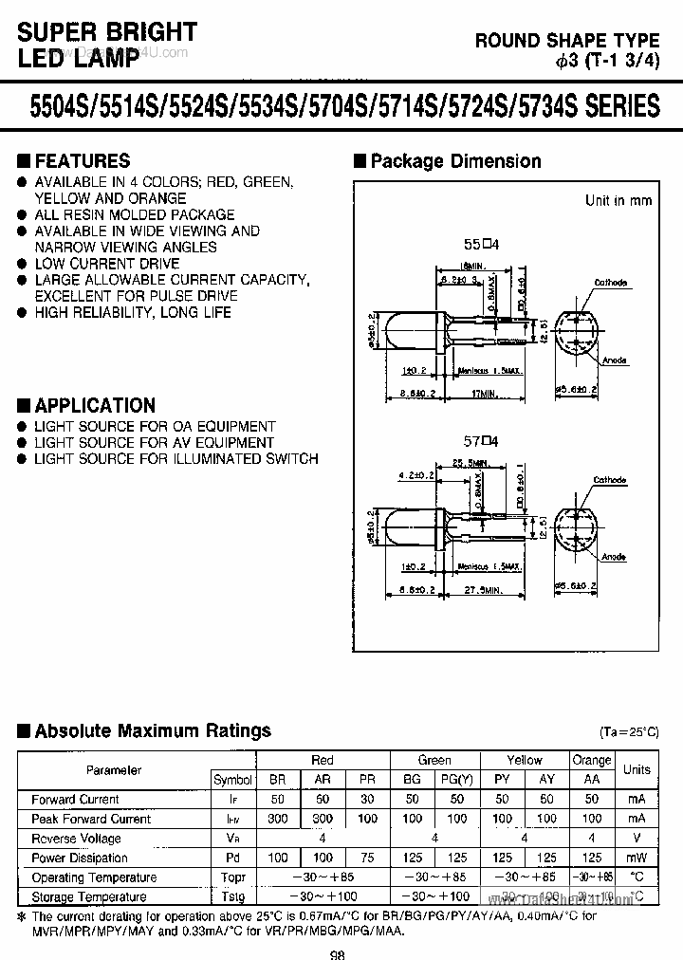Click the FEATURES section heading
pyautogui.click(x=82, y=161)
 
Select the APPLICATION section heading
pyautogui.click(x=94, y=405)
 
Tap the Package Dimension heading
pyautogui.click(x=455, y=161)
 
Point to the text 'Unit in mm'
pyautogui.click(x=618, y=200)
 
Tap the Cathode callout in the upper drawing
pyautogui.click(x=611, y=283)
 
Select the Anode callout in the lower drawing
pyautogui.click(x=613, y=557)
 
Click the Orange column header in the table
pyautogui.click(x=592, y=760)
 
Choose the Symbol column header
pyautogui.click(x=232, y=780)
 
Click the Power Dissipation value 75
pyautogui.click(x=367, y=858)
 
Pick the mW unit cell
pyautogui.click(x=637, y=858)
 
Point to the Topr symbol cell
pyautogui.click(x=232, y=877)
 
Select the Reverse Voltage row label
pyautogui.click(x=76, y=839)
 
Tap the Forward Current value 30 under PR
pyautogui.click(x=367, y=800)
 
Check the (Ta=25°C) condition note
pyautogui.click(x=629, y=732)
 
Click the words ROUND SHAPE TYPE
pyautogui.click(x=567, y=40)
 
